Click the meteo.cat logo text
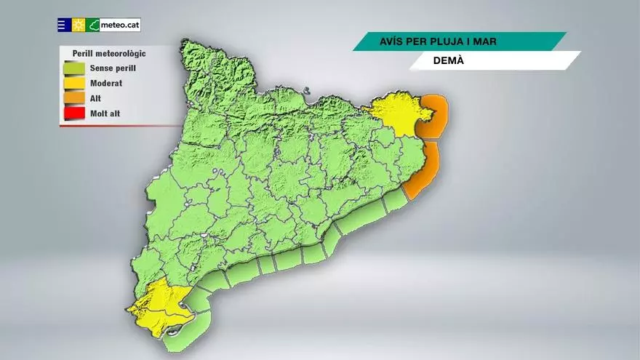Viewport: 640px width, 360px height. (120, 25)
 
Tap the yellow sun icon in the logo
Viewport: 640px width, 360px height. (79, 25)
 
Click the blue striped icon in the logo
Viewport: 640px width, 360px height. (64, 25)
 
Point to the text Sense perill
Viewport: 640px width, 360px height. (113, 68)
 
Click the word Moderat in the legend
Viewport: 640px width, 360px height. (106, 84)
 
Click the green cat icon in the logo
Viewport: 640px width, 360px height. (93, 25)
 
